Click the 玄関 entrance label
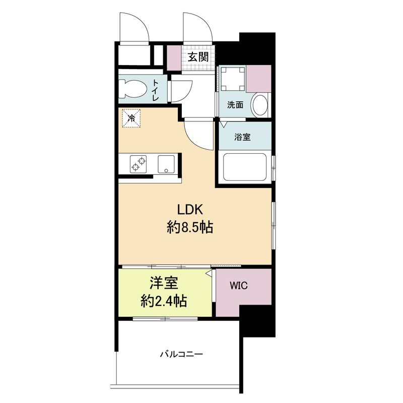[197, 57]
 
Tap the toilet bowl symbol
[132, 89]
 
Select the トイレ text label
[156, 90]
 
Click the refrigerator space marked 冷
[131, 118]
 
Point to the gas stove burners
[138, 164]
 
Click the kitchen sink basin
[166, 164]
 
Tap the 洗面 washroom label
[235, 105]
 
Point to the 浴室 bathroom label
[242, 137]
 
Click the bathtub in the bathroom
[245, 167]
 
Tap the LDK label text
[190, 210]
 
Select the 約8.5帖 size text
[190, 228]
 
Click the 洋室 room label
[164, 283]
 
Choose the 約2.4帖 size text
[164, 301]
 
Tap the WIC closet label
[238, 285]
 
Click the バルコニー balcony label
[181, 355]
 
